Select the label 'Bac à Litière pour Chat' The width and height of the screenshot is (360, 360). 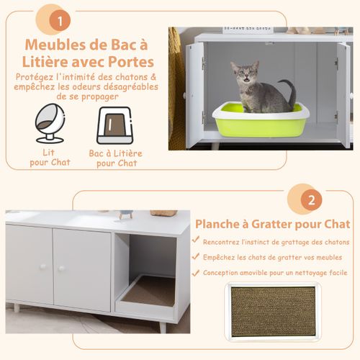(116, 158)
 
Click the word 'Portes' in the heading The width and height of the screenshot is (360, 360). (139, 63)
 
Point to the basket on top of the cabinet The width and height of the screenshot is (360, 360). (163, 213)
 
